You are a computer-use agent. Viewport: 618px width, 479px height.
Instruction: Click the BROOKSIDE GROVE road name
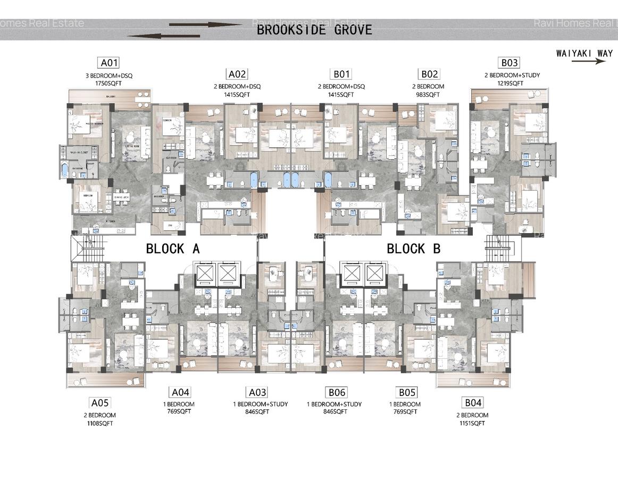click(314, 30)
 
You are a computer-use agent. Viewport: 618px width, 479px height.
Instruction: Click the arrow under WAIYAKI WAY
click(588, 61)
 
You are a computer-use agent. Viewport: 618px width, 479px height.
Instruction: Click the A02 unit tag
click(237, 74)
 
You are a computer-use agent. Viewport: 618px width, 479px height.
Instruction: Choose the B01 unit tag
click(341, 74)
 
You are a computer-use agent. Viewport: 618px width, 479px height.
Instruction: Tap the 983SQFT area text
click(428, 95)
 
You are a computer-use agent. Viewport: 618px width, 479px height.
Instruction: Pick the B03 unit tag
click(508, 63)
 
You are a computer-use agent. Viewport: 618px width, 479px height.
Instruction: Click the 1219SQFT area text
click(510, 84)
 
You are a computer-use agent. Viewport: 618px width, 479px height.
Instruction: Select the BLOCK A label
click(173, 249)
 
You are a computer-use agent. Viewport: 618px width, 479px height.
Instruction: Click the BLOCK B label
click(413, 249)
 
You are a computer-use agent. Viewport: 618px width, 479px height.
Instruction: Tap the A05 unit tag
click(100, 403)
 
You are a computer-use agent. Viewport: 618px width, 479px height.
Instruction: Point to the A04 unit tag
click(180, 392)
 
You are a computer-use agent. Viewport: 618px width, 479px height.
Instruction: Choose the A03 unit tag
click(257, 392)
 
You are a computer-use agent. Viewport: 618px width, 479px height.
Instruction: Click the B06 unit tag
click(337, 392)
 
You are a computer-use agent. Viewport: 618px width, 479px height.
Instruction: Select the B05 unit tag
click(407, 392)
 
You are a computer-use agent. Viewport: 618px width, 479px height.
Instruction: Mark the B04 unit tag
click(472, 403)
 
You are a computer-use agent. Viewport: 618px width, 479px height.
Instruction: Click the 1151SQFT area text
click(472, 423)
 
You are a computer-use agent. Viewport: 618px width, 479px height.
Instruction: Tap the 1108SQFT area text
click(100, 423)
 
